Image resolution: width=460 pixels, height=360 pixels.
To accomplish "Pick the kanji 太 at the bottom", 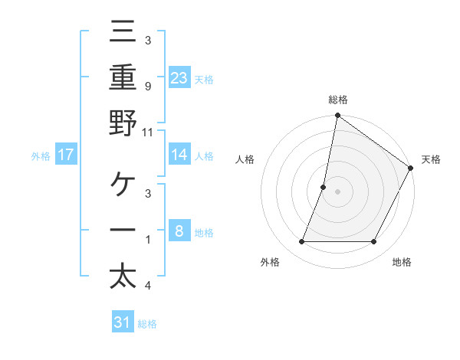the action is [123, 276].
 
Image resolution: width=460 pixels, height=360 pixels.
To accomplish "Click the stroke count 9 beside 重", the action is [147, 86].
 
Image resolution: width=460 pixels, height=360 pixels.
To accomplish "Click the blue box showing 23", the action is [179, 77].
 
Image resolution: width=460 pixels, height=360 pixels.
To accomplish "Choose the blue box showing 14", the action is [179, 155].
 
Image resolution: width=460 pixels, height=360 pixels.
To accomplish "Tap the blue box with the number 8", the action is [179, 231].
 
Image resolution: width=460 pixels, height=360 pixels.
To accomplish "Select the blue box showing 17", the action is [65, 155].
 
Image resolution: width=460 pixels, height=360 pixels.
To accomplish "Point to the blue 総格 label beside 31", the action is [147, 324].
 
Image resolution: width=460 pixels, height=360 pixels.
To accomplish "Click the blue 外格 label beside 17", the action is [41, 156].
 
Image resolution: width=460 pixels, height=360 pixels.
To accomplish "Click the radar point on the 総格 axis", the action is [337, 116].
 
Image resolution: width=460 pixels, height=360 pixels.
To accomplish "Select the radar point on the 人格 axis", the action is [324, 187].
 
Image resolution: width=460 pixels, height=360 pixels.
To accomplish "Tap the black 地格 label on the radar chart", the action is [402, 262].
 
